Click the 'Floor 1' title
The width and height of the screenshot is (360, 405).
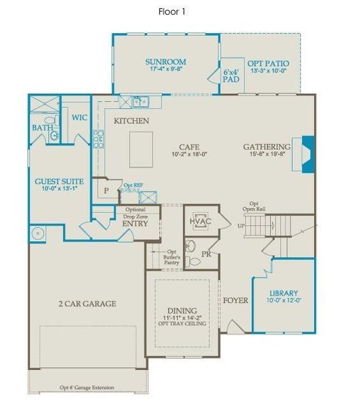(x=172, y=11)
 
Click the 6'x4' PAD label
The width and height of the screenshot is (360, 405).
(x=231, y=75)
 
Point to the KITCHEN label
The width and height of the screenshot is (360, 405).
(x=131, y=121)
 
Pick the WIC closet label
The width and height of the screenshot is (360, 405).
(x=80, y=117)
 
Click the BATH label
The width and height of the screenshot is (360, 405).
(x=43, y=128)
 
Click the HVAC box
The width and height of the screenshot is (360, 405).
(x=200, y=221)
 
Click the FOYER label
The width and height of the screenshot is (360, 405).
(x=236, y=300)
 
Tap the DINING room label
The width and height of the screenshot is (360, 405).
(x=184, y=310)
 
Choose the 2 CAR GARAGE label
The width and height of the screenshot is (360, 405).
(x=86, y=304)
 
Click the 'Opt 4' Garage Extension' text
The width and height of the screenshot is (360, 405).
(x=86, y=387)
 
